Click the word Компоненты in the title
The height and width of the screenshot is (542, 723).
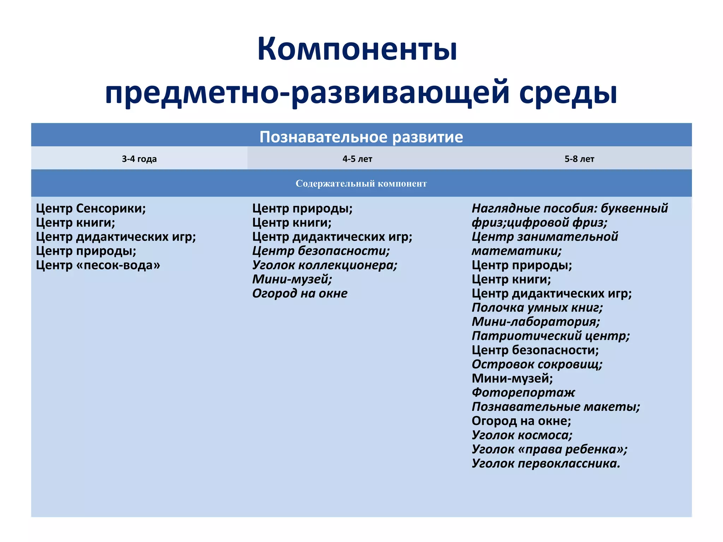click(x=357, y=49)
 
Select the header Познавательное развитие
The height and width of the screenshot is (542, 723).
click(x=361, y=137)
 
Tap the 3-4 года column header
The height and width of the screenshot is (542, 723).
click(x=139, y=159)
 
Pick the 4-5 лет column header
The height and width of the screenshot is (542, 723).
click(x=357, y=159)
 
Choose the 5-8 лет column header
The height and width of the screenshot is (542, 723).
click(x=579, y=159)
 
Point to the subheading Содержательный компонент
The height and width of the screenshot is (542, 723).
click(x=361, y=183)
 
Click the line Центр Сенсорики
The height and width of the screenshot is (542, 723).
click(x=91, y=209)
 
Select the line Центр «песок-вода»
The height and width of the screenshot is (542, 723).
click(x=98, y=265)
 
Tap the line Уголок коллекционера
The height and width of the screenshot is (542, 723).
click(x=324, y=265)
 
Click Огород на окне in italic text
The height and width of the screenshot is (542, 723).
click(x=300, y=294)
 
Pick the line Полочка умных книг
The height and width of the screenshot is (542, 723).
click(x=537, y=308)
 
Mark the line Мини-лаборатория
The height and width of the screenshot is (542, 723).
click(x=536, y=322)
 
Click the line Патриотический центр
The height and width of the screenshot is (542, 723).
click(x=550, y=336)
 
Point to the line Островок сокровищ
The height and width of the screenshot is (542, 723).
click(x=537, y=364)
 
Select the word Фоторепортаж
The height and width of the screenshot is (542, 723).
click(x=523, y=392)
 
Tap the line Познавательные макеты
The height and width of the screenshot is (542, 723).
click(x=556, y=407)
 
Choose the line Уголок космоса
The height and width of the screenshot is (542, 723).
click(x=522, y=435)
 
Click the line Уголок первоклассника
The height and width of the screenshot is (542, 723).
click(x=546, y=463)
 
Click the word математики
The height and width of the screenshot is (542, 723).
click(x=516, y=251)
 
